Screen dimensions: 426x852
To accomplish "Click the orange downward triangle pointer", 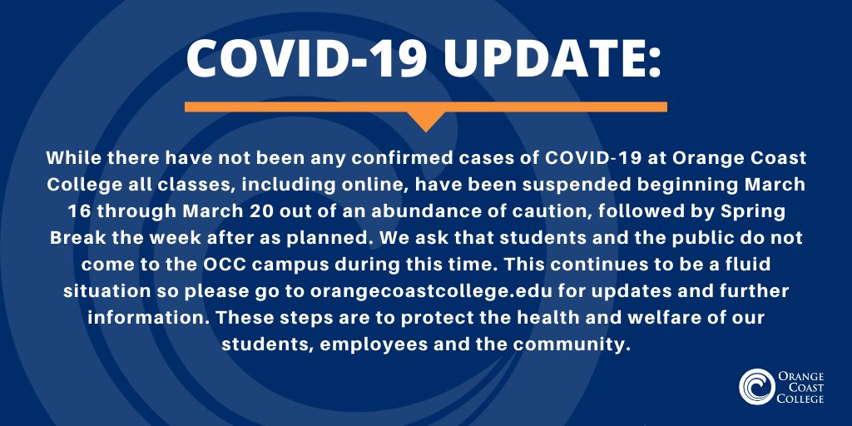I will click(426, 121).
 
